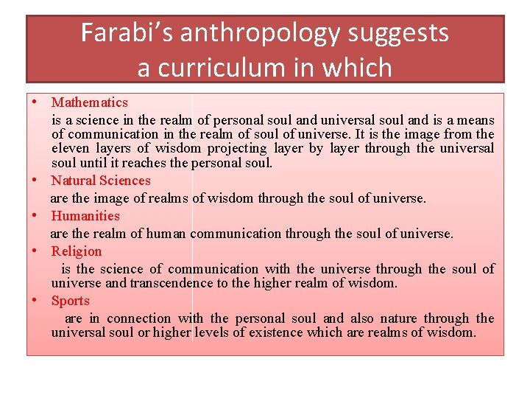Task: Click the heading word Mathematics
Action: [x=90, y=102]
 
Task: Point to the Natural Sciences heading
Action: [x=101, y=181]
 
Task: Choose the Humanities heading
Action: [x=85, y=216]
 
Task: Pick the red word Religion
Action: [x=77, y=251]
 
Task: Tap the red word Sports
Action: [x=71, y=301]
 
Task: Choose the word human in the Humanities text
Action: [x=165, y=234]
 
